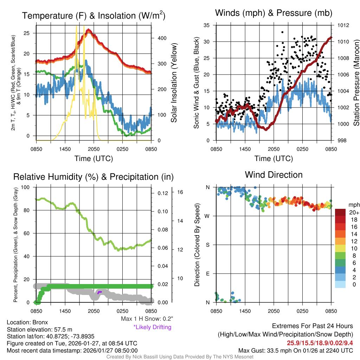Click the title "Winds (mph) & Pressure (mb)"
pyautogui.click(x=274, y=13)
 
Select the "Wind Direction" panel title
pyautogui.click(x=274, y=175)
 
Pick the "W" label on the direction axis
pyautogui.click(x=208, y=216)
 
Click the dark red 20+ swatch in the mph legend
pyautogui.click(x=341, y=212)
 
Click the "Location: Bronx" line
pyautogui.click(x=27, y=322)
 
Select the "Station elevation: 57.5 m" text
pyautogui.click(x=39, y=329)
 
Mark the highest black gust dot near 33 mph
pyautogui.click(x=282, y=32)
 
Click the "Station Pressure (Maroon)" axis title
pyautogui.click(x=356, y=83)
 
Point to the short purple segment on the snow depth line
pyautogui.click(x=99, y=292)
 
